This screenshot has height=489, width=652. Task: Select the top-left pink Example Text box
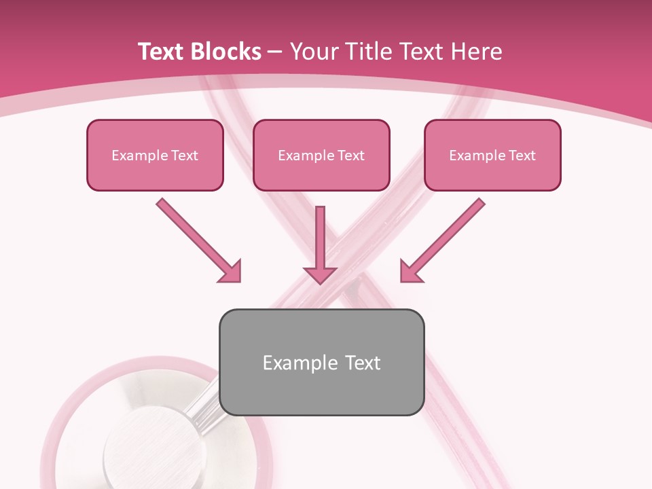pos(155,156)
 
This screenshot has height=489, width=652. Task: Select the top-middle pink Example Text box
pos(321,156)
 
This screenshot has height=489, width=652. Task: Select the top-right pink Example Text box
pos(492,156)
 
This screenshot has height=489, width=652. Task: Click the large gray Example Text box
pos(321,362)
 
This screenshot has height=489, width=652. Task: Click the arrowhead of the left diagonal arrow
pos(231,272)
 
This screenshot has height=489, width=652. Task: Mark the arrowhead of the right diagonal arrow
pos(410,272)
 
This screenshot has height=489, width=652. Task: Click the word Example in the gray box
pos(291,363)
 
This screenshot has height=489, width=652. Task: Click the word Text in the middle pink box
pos(351,156)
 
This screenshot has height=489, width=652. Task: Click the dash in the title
pos(275,52)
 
